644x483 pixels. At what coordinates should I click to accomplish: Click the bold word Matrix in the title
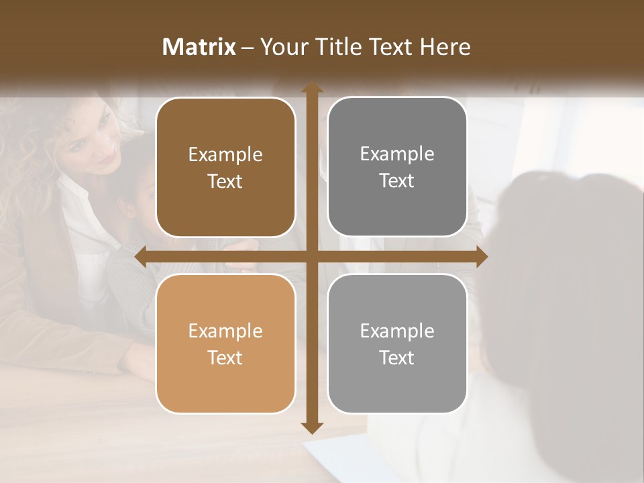coord(199,47)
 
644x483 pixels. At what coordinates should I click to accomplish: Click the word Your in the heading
coord(282,47)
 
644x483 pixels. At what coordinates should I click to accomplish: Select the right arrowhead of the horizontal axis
coord(481,257)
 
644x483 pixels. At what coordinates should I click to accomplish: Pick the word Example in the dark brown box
coord(225,155)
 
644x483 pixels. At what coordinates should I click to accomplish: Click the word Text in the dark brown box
coord(225,181)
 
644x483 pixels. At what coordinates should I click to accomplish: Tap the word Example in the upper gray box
coord(397,154)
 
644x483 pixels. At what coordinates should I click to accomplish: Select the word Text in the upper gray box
coord(397,180)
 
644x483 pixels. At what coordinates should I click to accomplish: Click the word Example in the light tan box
coord(225,331)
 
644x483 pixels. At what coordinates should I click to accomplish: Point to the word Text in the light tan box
coord(225,358)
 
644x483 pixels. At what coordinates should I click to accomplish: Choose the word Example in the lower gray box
coord(397,331)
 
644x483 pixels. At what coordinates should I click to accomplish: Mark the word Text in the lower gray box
coord(397,358)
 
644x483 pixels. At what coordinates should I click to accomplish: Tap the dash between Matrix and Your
coord(248,48)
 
